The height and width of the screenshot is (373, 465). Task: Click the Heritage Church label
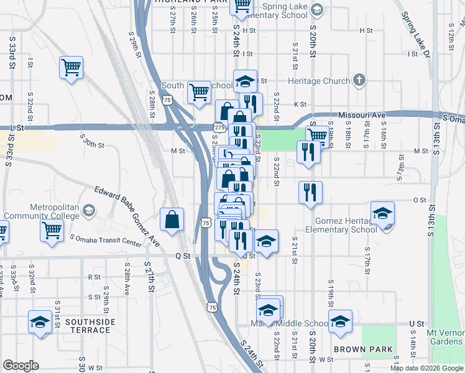(319, 81)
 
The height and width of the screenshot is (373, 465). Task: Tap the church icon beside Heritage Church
(358, 80)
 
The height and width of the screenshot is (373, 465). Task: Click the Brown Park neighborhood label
(363, 349)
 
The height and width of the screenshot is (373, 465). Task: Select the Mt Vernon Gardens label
(444, 337)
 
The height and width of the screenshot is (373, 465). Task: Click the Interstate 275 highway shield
(218, 127)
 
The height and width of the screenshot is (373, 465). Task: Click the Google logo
(21, 366)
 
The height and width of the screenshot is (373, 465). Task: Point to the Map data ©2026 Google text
(426, 368)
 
